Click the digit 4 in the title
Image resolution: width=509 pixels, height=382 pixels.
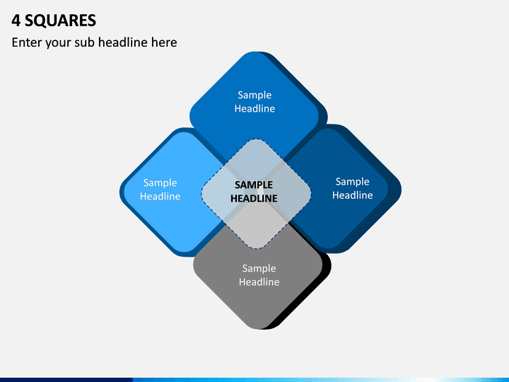pyautogui.click(x=16, y=21)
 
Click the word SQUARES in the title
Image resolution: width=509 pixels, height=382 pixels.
pyautogui.click(x=60, y=21)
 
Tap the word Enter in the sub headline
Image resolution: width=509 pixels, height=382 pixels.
pyautogui.click(x=27, y=42)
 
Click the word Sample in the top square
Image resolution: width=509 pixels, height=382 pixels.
pyautogui.click(x=255, y=95)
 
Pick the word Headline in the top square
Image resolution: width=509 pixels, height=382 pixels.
pyautogui.click(x=255, y=108)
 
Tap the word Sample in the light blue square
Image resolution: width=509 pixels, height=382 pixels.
pyautogui.click(x=160, y=183)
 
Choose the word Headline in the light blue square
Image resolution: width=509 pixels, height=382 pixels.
pyautogui.click(x=160, y=196)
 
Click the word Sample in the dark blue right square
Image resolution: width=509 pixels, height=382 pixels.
pyautogui.click(x=352, y=182)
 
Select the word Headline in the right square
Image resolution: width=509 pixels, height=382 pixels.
pyautogui.click(x=352, y=195)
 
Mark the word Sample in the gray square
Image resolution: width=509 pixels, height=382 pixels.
pyautogui.click(x=259, y=269)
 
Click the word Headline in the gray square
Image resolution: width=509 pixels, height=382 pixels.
pyautogui.click(x=259, y=282)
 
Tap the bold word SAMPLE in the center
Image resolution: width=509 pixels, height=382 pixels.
pyautogui.click(x=254, y=185)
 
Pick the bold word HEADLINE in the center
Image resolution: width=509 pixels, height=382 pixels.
pyautogui.click(x=254, y=199)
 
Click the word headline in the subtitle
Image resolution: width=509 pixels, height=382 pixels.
pyautogui.click(x=123, y=42)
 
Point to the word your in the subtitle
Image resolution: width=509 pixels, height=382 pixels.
pyautogui.click(x=58, y=43)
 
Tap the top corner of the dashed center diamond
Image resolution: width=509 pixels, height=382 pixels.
pyautogui.click(x=256, y=139)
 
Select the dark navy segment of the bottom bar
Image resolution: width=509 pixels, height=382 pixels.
pyautogui.click(x=66, y=380)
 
